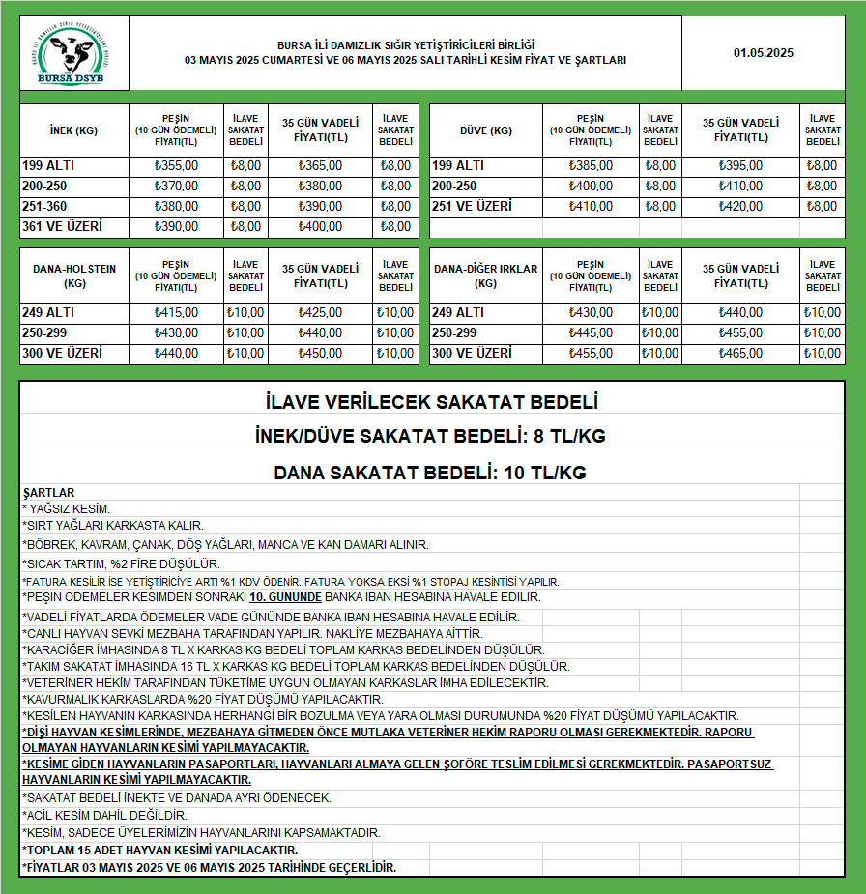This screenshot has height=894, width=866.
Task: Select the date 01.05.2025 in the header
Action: [x=763, y=53]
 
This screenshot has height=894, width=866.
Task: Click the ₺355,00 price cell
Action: [x=176, y=166]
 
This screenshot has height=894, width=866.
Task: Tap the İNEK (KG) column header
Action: [x=73, y=130]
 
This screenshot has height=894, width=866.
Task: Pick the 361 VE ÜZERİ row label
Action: [x=62, y=227]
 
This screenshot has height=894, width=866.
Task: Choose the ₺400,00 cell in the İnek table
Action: [x=320, y=227]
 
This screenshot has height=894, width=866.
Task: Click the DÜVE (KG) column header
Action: [x=485, y=130]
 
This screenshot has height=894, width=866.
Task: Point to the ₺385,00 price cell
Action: [x=591, y=166]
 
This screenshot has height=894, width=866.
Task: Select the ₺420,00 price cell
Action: [x=740, y=207]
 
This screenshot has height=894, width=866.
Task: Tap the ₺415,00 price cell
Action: [x=176, y=313]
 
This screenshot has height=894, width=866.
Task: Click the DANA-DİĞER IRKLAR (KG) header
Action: [x=485, y=276]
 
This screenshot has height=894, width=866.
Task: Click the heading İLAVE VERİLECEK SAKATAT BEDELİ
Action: [x=431, y=401]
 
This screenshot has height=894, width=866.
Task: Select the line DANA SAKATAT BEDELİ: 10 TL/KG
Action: [x=431, y=474]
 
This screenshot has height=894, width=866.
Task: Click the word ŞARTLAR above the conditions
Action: [x=48, y=493]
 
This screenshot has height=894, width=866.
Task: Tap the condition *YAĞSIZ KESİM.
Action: [x=67, y=508]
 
